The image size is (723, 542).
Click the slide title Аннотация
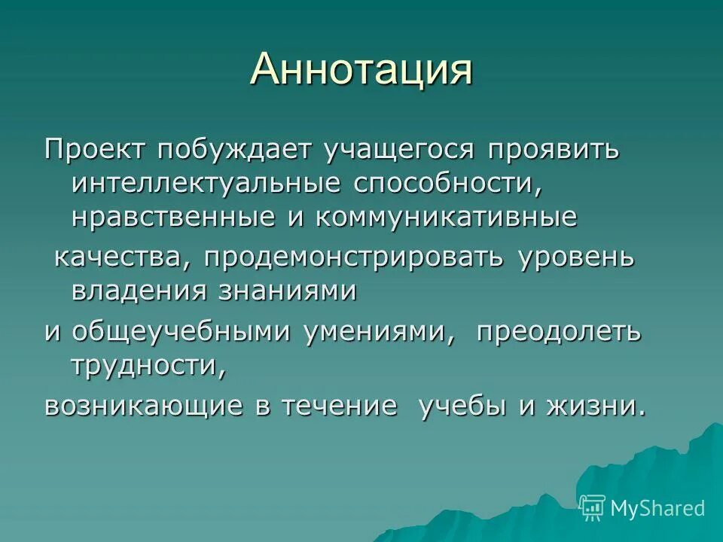click(x=361, y=70)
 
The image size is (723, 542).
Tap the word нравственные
click(x=169, y=218)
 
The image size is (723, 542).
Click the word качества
click(x=115, y=257)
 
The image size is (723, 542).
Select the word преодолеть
click(x=558, y=331)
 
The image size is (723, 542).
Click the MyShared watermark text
click(x=657, y=508)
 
